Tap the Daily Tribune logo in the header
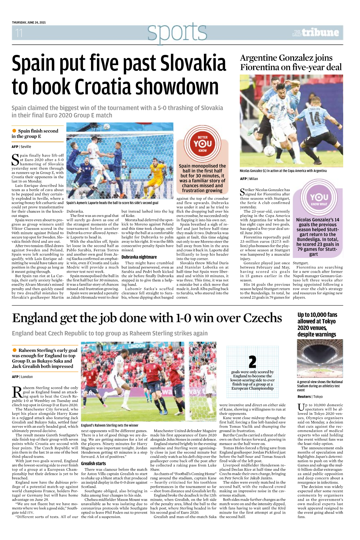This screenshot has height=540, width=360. tap(316, 33)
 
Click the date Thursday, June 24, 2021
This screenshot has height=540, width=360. tap(29, 22)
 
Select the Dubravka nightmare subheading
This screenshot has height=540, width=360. tap(139, 257)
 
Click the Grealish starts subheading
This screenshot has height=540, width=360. tap(93, 463)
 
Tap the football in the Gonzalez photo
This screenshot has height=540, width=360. tap(269, 151)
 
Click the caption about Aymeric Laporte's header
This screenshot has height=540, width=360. tap(112, 203)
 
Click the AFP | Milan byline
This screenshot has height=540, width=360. tap(249, 179)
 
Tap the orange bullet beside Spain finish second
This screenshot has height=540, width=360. tap(14, 131)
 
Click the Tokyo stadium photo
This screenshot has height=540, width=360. tap(320, 358)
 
